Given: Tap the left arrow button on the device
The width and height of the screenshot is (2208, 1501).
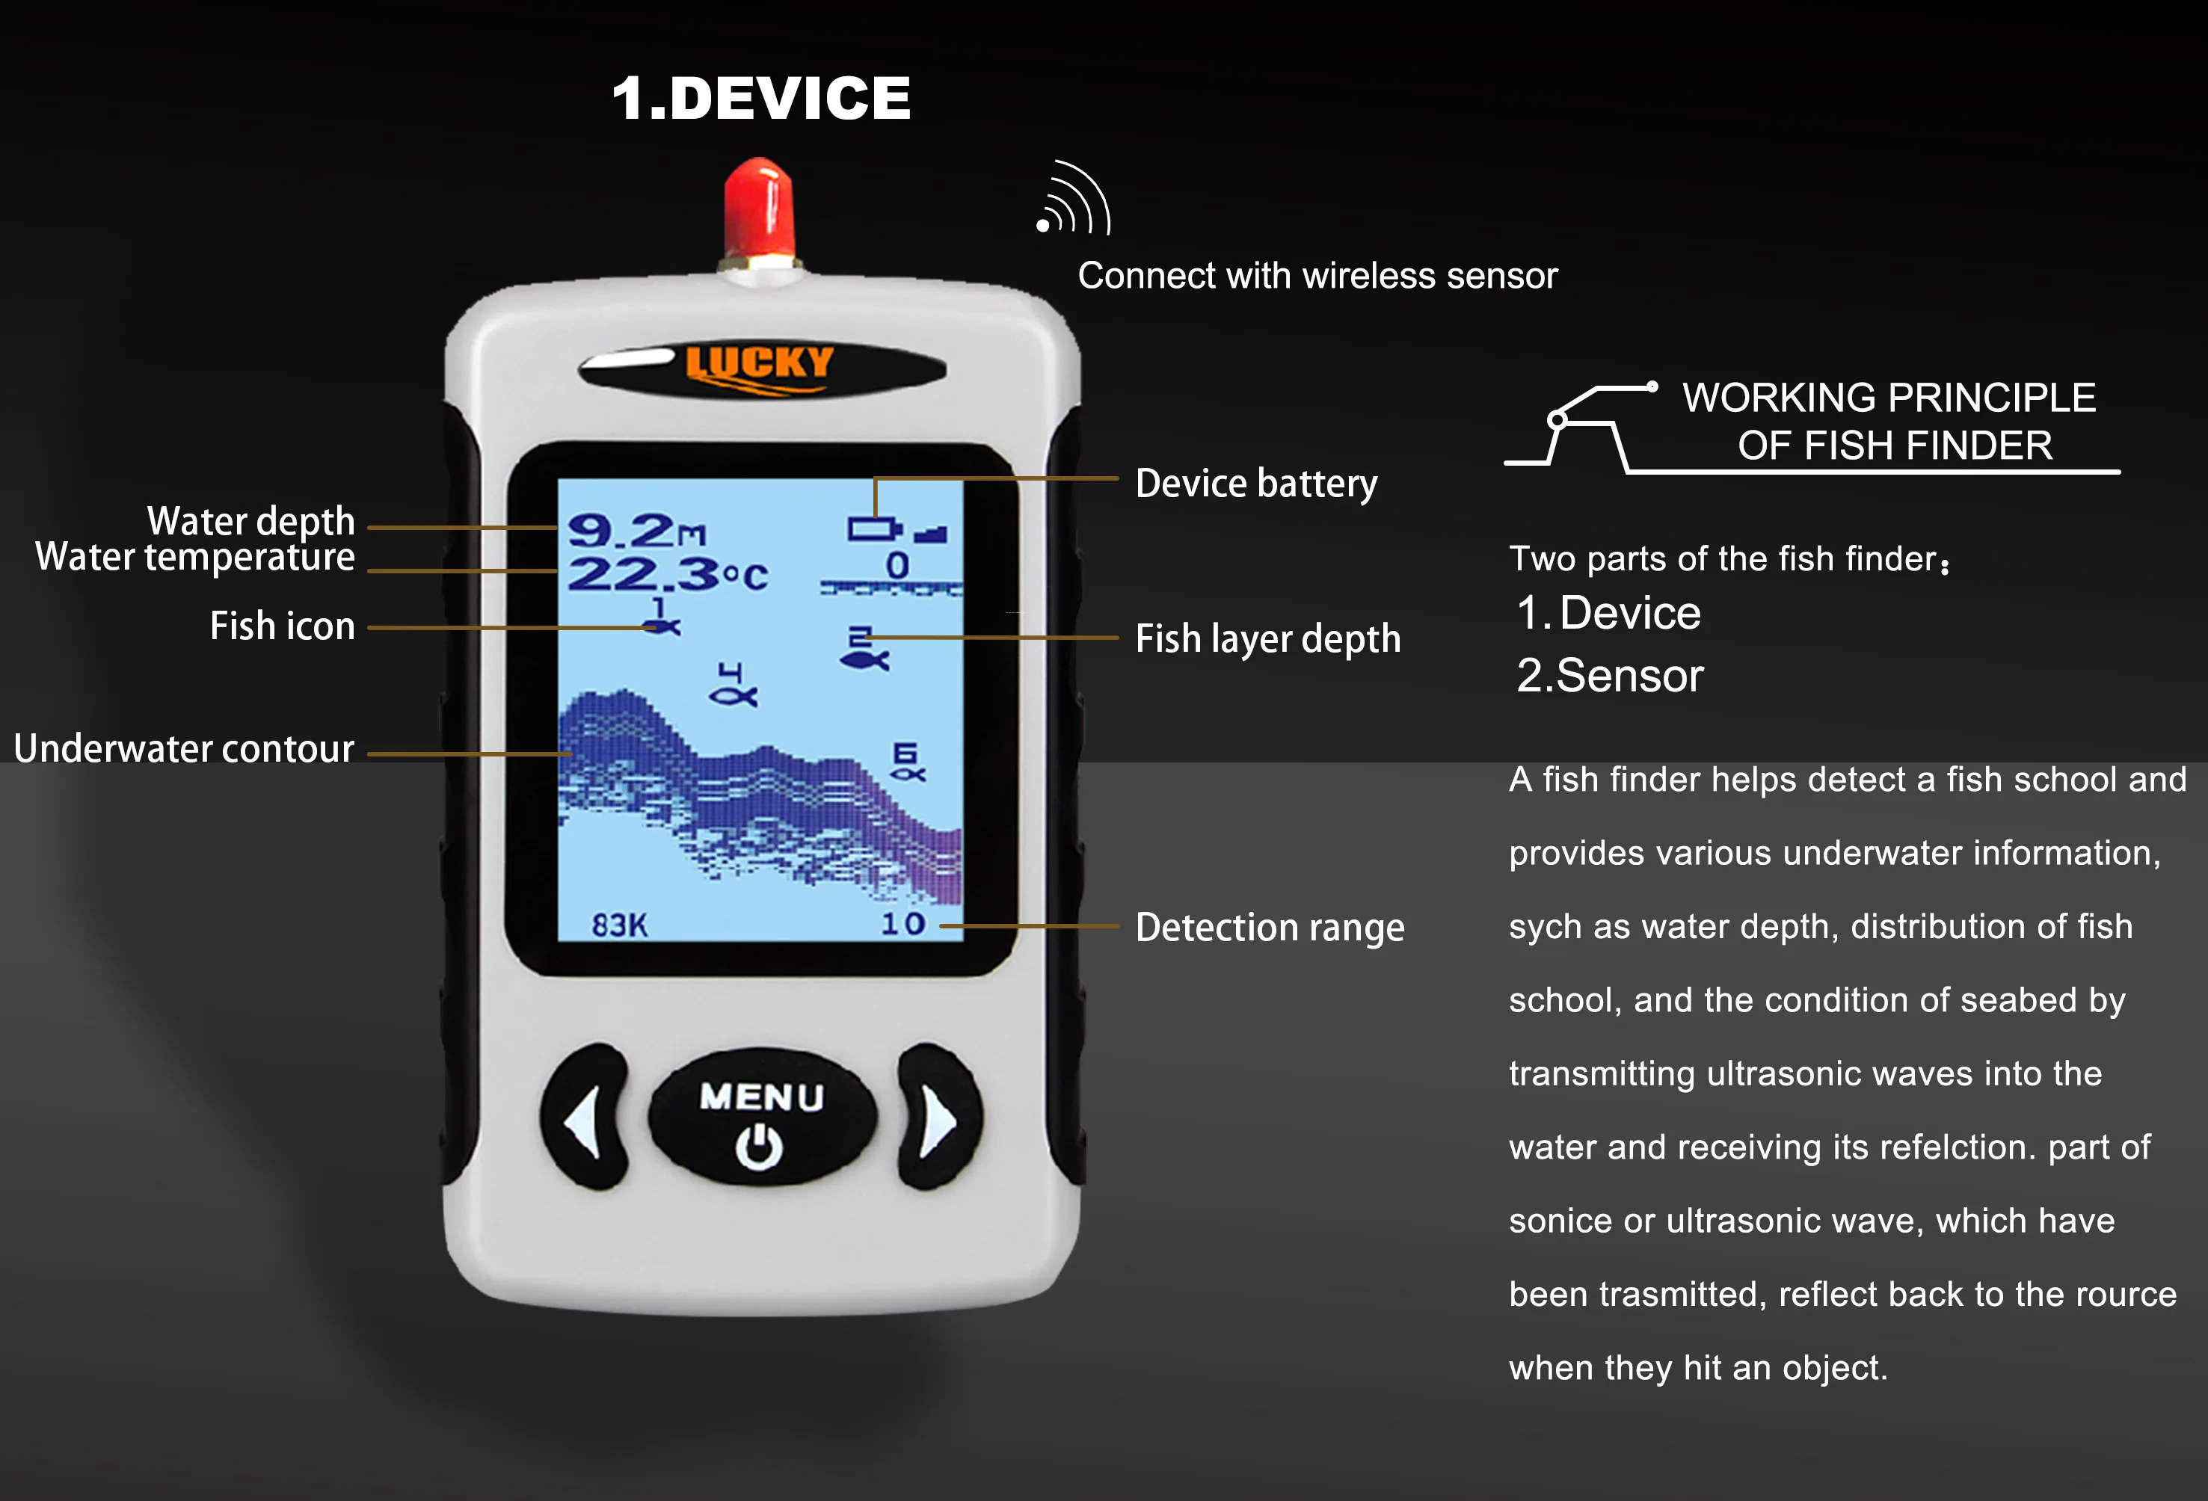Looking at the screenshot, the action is click(x=583, y=1119).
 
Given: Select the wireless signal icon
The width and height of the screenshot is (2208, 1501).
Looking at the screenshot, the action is click(x=1074, y=200).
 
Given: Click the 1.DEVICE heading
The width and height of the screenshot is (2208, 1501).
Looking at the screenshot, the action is click(x=760, y=98).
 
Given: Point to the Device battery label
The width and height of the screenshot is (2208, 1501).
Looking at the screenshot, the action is click(x=1255, y=484).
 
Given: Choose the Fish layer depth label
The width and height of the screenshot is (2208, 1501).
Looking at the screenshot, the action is click(x=1267, y=638).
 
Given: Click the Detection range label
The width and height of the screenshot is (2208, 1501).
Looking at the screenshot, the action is click(x=1270, y=927).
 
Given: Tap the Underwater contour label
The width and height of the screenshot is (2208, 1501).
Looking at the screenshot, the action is click(x=185, y=748).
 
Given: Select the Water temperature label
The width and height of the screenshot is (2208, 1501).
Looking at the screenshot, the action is click(x=194, y=557).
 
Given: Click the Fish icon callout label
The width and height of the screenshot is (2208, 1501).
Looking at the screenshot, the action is click(x=282, y=626).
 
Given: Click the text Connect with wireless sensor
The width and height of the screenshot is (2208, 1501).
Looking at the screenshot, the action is click(x=1317, y=276).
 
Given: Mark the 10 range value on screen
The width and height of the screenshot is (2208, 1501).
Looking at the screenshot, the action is click(x=902, y=923).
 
